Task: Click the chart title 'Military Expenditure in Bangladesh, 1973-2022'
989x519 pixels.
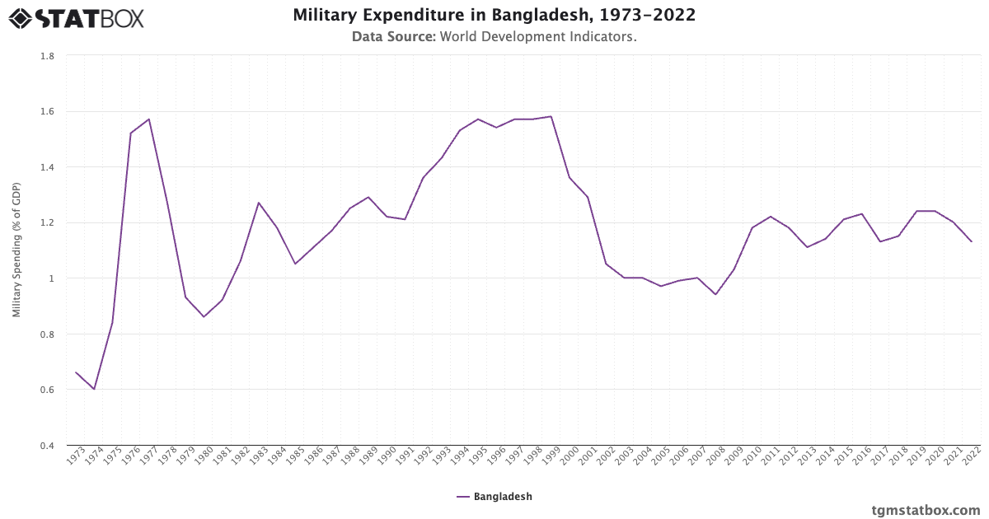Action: point(494,16)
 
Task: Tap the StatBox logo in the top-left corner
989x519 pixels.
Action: point(76,18)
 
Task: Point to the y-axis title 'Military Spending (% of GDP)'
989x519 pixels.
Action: point(16,250)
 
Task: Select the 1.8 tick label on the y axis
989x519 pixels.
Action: point(47,56)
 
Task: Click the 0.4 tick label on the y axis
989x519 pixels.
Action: point(47,446)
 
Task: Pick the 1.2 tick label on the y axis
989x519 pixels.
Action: point(47,223)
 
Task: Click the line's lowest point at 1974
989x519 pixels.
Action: point(94,390)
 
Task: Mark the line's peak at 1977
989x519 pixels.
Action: point(148,119)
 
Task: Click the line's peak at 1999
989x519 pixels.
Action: point(551,116)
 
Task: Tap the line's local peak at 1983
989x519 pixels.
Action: point(258,203)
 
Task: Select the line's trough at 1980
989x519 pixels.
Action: point(204,317)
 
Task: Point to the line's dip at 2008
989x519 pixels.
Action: point(715,295)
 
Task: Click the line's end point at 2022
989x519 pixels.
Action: point(972,241)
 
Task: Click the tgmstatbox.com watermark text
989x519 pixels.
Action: point(926,510)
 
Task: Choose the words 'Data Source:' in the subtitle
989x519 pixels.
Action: point(393,37)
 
